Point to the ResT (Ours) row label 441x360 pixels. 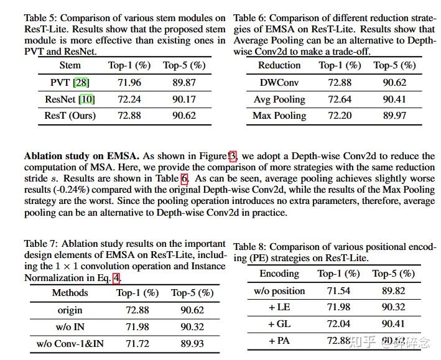70,116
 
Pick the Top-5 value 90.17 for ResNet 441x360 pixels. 184,99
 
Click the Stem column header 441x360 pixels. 70,65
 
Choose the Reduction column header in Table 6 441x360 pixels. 279,65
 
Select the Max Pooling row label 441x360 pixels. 279,116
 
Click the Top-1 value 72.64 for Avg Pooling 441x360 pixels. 340,99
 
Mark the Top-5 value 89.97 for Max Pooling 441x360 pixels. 394,116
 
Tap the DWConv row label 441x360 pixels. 279,83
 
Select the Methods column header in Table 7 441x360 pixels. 70,293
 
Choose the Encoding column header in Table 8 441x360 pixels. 279,274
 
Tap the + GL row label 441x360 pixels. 279,324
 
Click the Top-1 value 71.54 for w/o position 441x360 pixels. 338,290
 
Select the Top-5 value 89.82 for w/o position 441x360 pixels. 393,290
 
